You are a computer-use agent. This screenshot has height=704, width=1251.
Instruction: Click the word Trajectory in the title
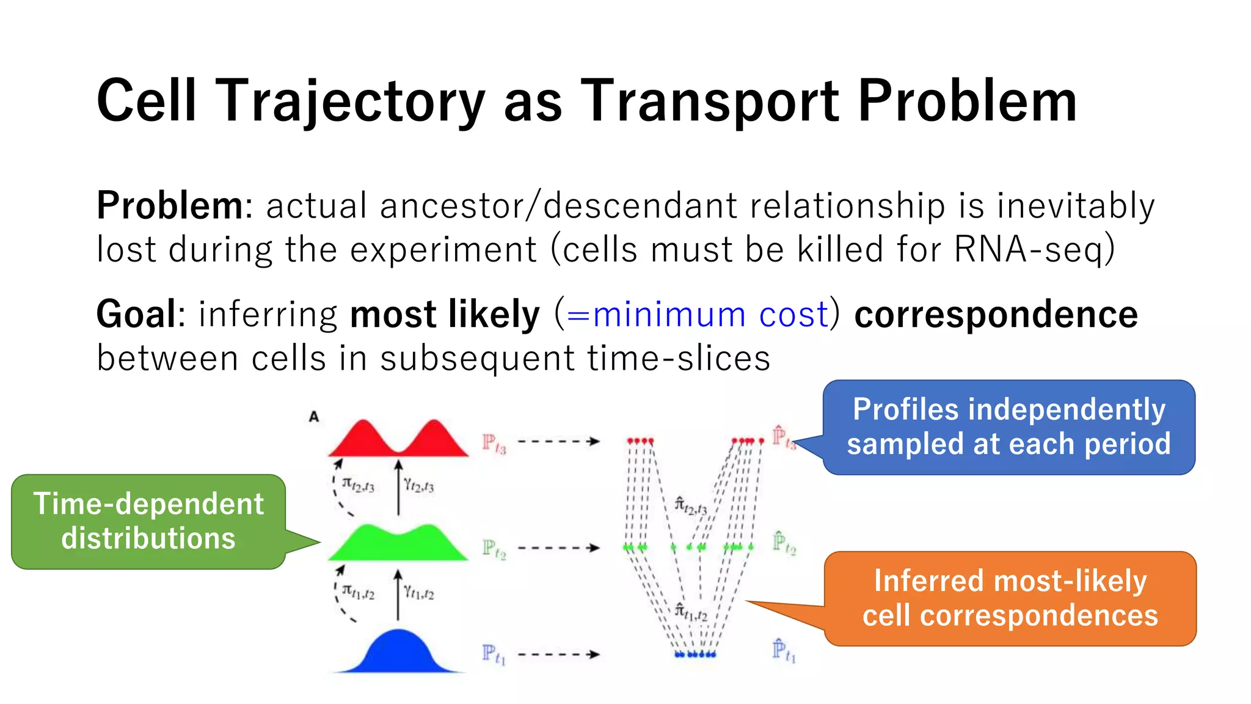pos(351,102)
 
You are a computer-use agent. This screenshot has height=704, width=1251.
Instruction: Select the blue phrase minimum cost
pos(697,315)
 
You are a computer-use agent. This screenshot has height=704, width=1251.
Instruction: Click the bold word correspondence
pos(996,315)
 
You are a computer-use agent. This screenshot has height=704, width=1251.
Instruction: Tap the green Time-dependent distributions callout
pos(148,521)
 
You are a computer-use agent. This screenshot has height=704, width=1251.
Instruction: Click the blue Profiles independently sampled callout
pos(1008,427)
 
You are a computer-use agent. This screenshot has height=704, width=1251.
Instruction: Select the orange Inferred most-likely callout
pos(1010,598)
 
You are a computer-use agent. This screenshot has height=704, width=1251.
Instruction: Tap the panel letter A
pos(314,417)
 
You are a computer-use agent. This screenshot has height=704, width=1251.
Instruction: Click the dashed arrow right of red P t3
pos(558,441)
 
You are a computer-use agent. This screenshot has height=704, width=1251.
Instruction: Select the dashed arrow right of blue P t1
pos(558,654)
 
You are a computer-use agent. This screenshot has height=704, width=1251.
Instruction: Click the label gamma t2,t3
pos(418,486)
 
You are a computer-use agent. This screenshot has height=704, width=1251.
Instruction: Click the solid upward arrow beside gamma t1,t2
pos(398,595)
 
